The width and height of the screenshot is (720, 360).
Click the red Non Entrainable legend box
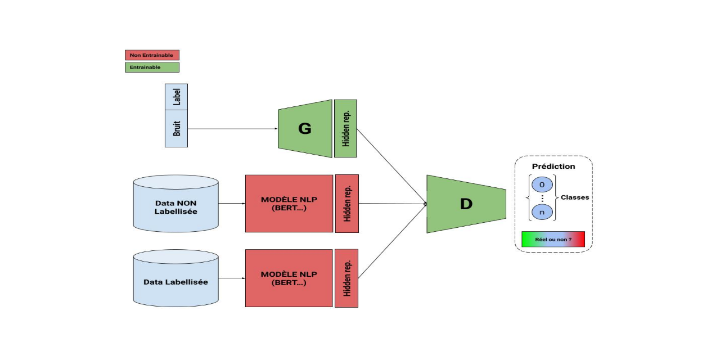(152, 55)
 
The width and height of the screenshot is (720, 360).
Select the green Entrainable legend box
(152, 67)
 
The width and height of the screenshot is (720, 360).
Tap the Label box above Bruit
(176, 97)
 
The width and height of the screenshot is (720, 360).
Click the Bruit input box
(176, 128)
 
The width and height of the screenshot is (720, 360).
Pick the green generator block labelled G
(305, 129)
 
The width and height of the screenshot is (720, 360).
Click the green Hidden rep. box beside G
(345, 129)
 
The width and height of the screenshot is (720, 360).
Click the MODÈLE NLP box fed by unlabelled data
(289, 204)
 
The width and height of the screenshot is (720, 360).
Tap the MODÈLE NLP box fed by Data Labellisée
(289, 278)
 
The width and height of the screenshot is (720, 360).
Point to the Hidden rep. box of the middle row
(347, 204)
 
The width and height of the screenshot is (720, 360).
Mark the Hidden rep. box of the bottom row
(346, 278)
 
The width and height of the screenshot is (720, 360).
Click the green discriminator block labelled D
(466, 204)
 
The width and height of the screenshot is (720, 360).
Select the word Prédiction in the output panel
(553, 166)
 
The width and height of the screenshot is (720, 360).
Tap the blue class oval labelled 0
(542, 184)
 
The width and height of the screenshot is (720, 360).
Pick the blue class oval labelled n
(542, 212)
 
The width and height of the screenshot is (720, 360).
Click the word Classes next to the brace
(575, 197)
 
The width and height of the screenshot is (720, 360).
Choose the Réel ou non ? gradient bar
(553, 239)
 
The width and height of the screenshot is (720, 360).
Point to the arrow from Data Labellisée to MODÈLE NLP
(231, 278)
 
